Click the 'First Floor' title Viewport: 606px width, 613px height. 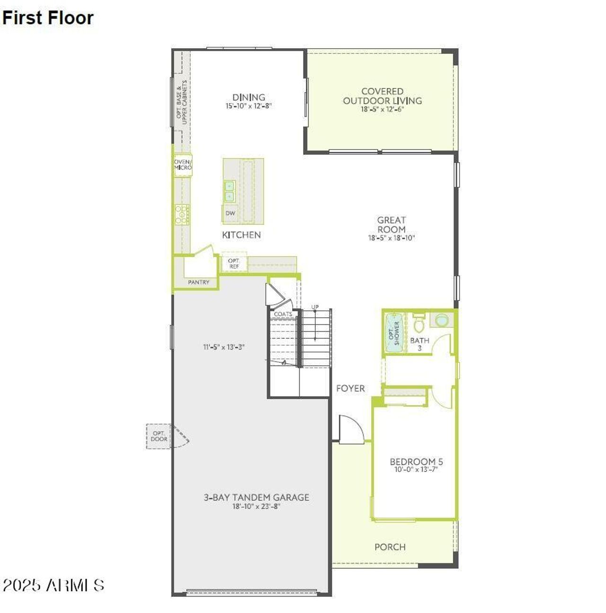click(48, 18)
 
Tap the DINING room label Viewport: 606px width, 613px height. click(249, 97)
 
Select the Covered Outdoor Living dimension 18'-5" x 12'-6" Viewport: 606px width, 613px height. click(382, 109)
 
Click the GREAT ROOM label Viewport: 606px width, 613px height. click(392, 225)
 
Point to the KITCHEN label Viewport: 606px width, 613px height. click(241, 235)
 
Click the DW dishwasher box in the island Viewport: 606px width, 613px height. click(230, 213)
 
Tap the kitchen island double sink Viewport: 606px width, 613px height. click(230, 191)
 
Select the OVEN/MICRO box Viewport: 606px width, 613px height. click(183, 165)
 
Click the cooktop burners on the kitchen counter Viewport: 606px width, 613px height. click(182, 214)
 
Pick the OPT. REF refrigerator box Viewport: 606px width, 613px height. click(234, 263)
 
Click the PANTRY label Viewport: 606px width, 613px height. click(198, 282)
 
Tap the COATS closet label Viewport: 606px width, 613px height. click(283, 314)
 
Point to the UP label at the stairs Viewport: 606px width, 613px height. click(315, 307)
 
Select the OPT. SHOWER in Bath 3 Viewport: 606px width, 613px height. click(394, 333)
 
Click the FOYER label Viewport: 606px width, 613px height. click(350, 388)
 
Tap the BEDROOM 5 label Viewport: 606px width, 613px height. click(416, 462)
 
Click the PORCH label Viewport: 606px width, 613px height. click(390, 547)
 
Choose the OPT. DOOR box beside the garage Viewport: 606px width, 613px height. click(159, 436)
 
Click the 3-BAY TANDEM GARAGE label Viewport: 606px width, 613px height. click(257, 497)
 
